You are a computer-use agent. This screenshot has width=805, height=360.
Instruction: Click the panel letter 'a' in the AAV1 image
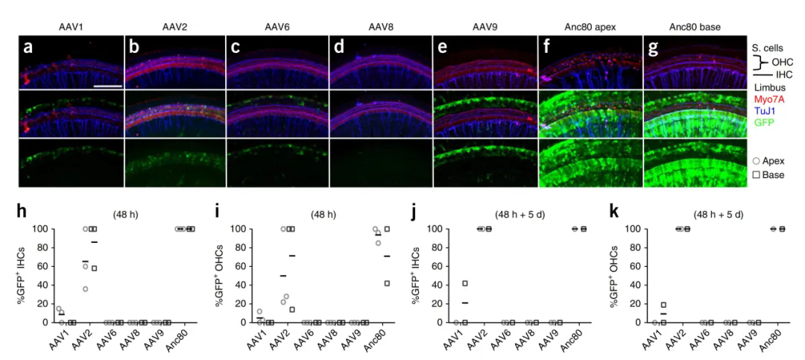pyautogui.click(x=28, y=48)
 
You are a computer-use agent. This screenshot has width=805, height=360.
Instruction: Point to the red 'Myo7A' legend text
pyautogui.click(x=769, y=100)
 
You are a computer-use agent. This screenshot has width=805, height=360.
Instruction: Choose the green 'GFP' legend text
pyautogui.click(x=763, y=125)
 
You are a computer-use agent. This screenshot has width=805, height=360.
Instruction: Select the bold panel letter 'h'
pyautogui.click(x=23, y=212)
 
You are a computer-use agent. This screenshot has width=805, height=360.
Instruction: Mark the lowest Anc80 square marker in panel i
pyautogui.click(x=387, y=282)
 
